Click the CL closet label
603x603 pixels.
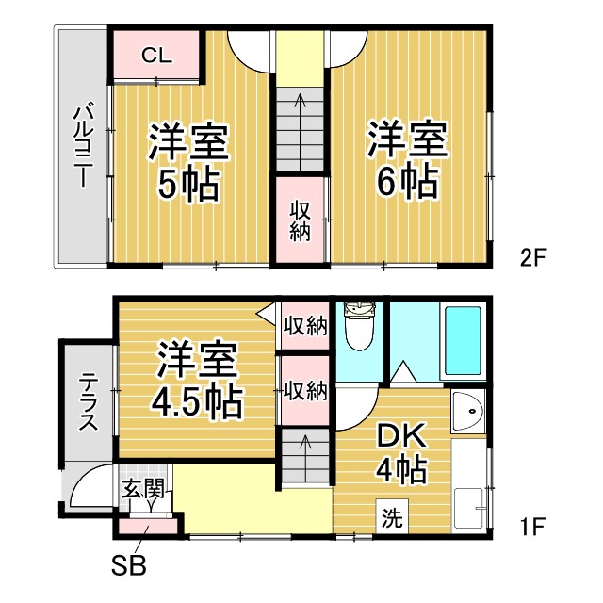coord(156,55)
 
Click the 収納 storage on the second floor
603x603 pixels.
coord(300,220)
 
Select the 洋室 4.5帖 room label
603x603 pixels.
coord(197,383)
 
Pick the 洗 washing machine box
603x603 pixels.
coord(391,517)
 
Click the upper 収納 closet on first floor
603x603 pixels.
coord(304,327)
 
